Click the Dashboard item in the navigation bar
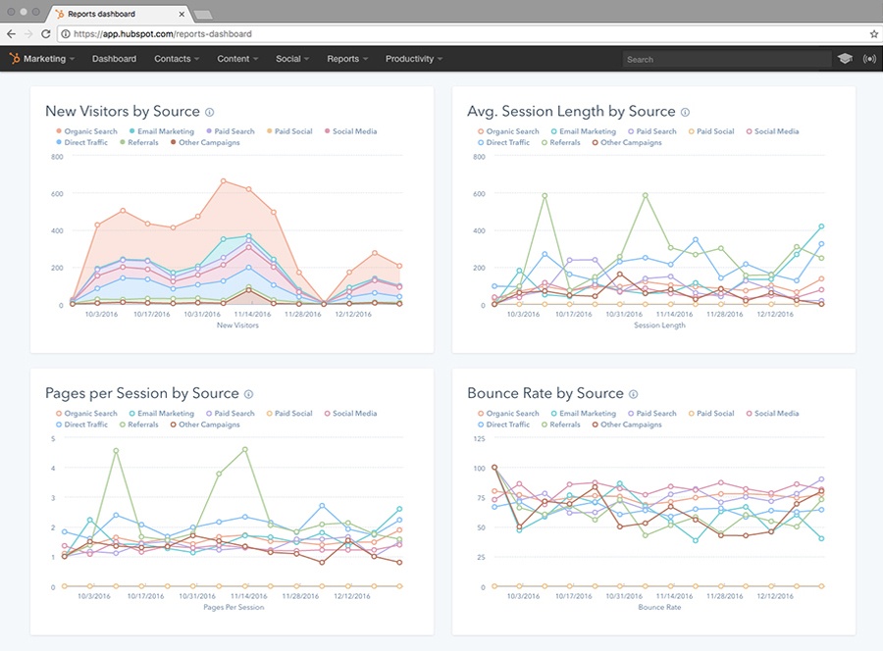pyautogui.click(x=114, y=59)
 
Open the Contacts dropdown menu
pyautogui.click(x=177, y=59)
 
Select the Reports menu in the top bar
pyautogui.click(x=347, y=59)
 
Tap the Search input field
pyautogui.click(x=726, y=60)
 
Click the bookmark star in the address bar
pyautogui.click(x=873, y=33)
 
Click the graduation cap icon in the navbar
pyautogui.click(x=845, y=60)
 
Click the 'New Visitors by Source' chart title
pyautogui.click(x=123, y=112)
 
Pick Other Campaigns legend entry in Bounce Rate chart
pyautogui.click(x=626, y=426)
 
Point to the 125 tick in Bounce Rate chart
pyautogui.click(x=479, y=438)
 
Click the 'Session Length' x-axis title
pyautogui.click(x=659, y=325)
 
